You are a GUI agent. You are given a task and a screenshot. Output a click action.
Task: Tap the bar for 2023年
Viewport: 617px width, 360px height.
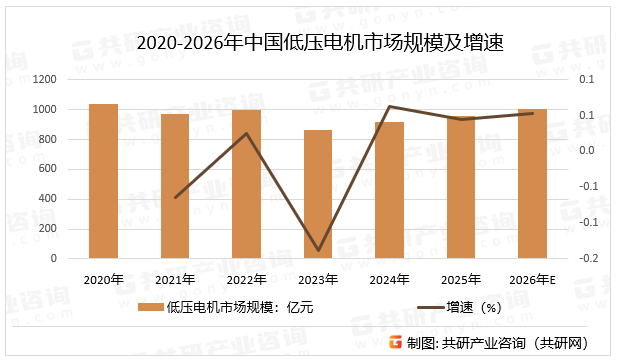[x=318, y=194]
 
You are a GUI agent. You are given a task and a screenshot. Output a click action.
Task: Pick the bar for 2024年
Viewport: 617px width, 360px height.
[x=389, y=190]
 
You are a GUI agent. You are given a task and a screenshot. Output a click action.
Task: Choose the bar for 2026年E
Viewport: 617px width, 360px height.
[x=532, y=183]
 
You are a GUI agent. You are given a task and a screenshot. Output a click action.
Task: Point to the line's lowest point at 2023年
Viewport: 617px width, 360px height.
[x=318, y=250]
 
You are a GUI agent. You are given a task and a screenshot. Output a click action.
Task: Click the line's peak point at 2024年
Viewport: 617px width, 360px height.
[x=389, y=107]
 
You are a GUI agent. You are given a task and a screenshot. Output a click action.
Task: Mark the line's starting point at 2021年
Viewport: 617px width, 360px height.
[x=175, y=197]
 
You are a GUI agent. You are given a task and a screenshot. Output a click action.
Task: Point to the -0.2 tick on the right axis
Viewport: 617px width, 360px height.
[x=588, y=258]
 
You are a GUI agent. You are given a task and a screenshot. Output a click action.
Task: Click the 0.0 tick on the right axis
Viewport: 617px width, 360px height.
[x=588, y=151]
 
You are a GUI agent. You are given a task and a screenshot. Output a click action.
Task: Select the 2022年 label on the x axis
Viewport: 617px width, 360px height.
[x=246, y=279]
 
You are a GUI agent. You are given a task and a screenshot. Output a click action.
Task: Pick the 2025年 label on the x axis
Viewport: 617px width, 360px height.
[x=461, y=279]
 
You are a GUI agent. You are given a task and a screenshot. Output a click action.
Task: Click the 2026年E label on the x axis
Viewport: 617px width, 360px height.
[x=532, y=279]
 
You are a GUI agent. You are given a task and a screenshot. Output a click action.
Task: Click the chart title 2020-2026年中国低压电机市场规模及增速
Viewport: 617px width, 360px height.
[x=308, y=42]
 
